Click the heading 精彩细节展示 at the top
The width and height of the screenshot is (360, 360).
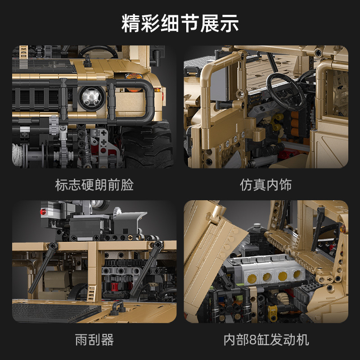point(180,23)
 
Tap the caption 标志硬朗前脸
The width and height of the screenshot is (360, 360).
point(94,184)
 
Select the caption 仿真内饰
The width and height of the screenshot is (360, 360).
point(265,184)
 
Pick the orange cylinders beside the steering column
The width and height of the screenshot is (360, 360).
point(295,124)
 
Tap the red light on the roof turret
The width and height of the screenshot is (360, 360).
point(44,210)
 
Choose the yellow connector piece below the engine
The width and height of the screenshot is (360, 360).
point(272,310)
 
